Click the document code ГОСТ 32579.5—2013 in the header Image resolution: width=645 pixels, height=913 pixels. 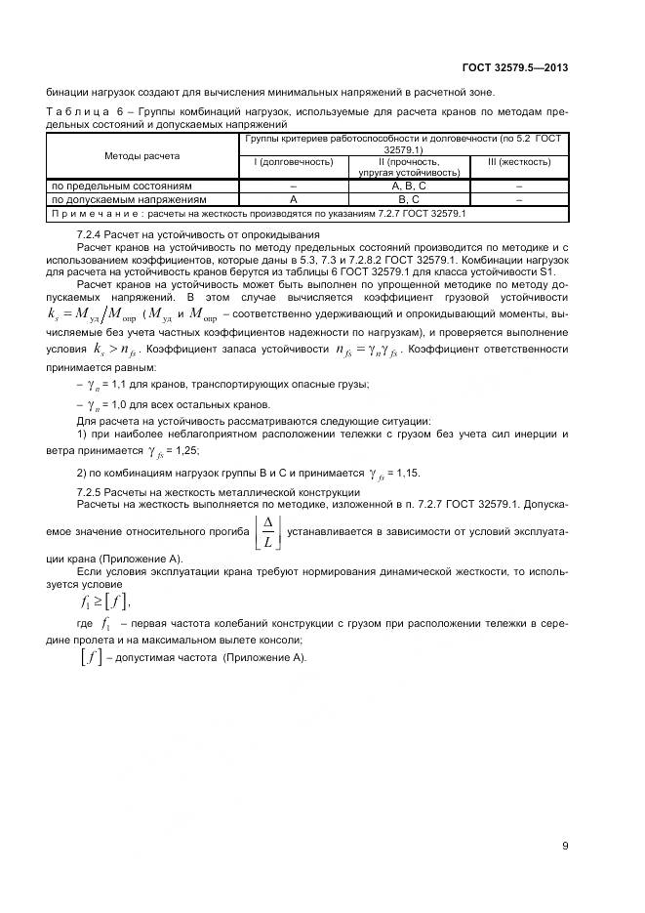tap(514, 67)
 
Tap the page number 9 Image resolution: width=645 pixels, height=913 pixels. tap(565, 846)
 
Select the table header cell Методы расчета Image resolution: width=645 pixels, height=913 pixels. tap(142, 155)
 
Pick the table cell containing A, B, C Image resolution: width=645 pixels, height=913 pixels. tap(408, 185)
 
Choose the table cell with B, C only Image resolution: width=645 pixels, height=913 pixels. tap(408, 198)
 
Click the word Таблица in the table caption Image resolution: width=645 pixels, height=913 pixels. tap(75, 112)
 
